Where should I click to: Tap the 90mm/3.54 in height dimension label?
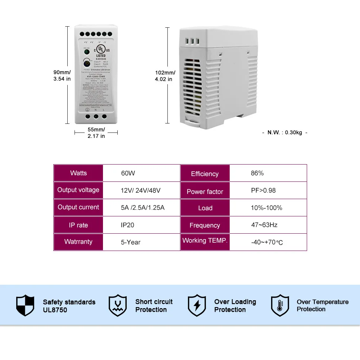62,75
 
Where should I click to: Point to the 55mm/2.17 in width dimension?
96,132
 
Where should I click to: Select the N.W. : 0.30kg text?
285,132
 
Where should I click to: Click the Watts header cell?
78,173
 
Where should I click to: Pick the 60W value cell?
128,173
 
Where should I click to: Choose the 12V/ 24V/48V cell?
140,190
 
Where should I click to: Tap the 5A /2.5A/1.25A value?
143,208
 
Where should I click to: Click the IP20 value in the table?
127,225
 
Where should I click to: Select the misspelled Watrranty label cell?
78,242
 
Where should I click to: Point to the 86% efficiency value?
257,173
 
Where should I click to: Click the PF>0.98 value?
263,190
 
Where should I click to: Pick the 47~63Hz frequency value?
264,225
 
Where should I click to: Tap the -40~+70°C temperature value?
267,242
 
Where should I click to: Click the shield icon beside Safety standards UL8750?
25,306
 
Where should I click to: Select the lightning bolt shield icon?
197,306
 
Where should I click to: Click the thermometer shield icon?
280,306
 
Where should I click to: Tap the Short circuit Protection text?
154,306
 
